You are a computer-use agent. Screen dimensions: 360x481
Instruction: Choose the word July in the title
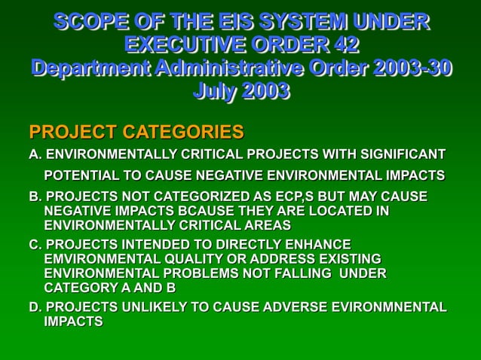tap(216, 92)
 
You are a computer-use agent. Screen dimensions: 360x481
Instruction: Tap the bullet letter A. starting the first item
tap(35, 155)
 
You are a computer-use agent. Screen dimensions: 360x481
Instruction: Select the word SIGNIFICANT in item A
tap(397, 155)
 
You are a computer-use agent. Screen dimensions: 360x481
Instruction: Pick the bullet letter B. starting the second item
tap(35, 197)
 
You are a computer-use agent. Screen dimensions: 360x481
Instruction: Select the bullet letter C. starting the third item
tap(35, 245)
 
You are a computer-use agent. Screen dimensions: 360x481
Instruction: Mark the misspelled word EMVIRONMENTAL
tap(100, 259)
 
